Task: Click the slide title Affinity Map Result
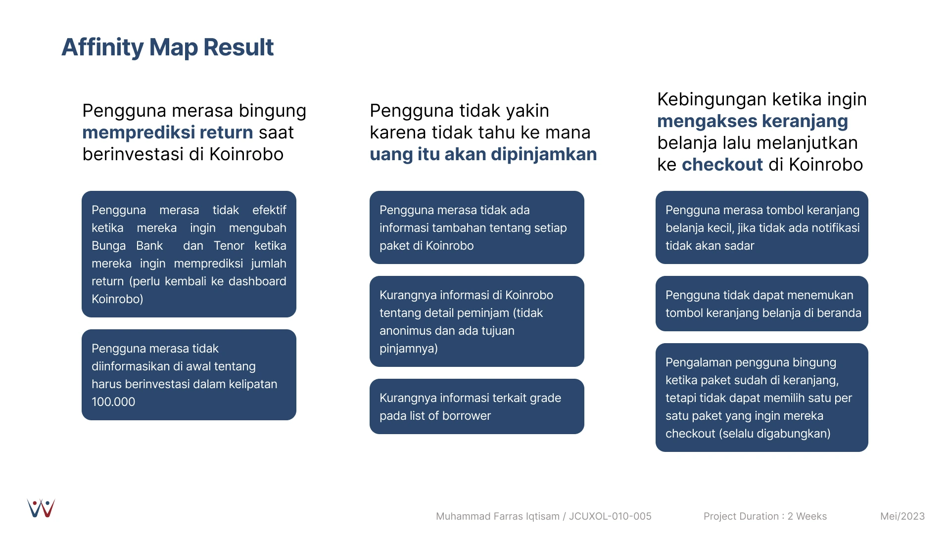(167, 47)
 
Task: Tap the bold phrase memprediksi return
(168, 133)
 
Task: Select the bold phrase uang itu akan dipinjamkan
(483, 154)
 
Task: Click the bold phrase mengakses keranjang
(753, 121)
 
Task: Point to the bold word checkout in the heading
(722, 165)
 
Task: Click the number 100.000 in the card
(113, 402)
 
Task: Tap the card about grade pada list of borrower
(477, 406)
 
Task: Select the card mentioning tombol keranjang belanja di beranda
(762, 304)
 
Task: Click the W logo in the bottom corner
(41, 508)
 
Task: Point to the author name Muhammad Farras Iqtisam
(498, 516)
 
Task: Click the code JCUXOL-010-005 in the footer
(610, 516)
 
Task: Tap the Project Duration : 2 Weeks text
(765, 516)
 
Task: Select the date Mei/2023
(902, 516)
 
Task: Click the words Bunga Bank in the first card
(127, 246)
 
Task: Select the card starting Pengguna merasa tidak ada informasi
(477, 227)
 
